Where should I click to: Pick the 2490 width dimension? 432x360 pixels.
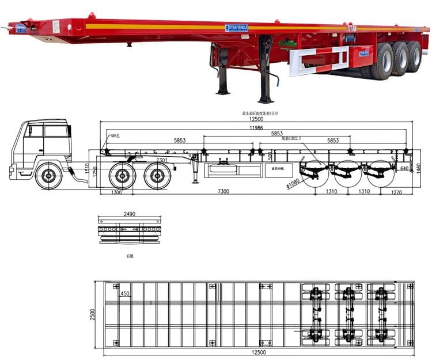[130, 214]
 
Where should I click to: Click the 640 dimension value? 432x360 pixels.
[404, 168]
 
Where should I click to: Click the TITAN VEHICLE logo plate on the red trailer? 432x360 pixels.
[236, 28]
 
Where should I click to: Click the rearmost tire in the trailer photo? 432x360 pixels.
[414, 57]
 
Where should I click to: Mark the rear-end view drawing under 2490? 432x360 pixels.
[130, 233]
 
